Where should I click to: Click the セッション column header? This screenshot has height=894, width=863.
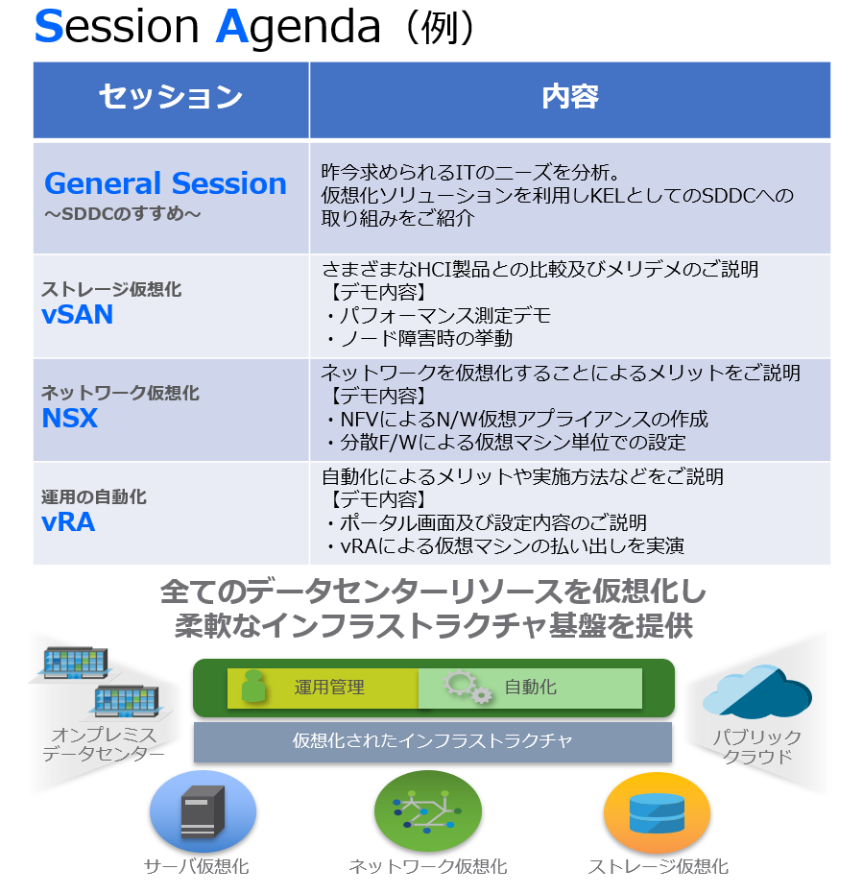click(x=171, y=96)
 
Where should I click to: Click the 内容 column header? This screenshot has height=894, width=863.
click(x=569, y=96)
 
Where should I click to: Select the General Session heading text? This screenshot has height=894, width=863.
click(x=165, y=183)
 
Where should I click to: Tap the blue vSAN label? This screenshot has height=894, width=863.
click(x=77, y=315)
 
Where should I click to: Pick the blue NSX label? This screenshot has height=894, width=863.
click(x=69, y=418)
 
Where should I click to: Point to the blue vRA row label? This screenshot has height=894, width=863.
click(x=68, y=522)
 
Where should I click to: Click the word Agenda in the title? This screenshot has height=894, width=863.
click(x=299, y=27)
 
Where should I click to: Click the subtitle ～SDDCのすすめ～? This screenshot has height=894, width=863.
click(x=123, y=214)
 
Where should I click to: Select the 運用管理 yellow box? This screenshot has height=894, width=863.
click(x=323, y=688)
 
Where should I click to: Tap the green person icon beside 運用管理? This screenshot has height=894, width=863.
click(x=253, y=686)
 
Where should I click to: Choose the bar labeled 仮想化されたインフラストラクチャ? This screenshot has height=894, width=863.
click(x=433, y=741)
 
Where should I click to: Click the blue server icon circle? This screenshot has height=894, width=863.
click(x=203, y=811)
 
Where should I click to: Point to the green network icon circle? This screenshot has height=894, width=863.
click(x=427, y=810)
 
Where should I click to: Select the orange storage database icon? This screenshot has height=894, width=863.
click(x=657, y=812)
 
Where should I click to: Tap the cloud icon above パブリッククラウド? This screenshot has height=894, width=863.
click(x=757, y=691)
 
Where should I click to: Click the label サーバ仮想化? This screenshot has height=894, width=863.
click(x=196, y=866)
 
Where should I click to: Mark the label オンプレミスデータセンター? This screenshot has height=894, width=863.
click(x=103, y=744)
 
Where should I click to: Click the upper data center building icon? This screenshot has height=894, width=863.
click(x=76, y=664)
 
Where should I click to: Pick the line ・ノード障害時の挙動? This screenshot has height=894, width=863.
click(x=418, y=339)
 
